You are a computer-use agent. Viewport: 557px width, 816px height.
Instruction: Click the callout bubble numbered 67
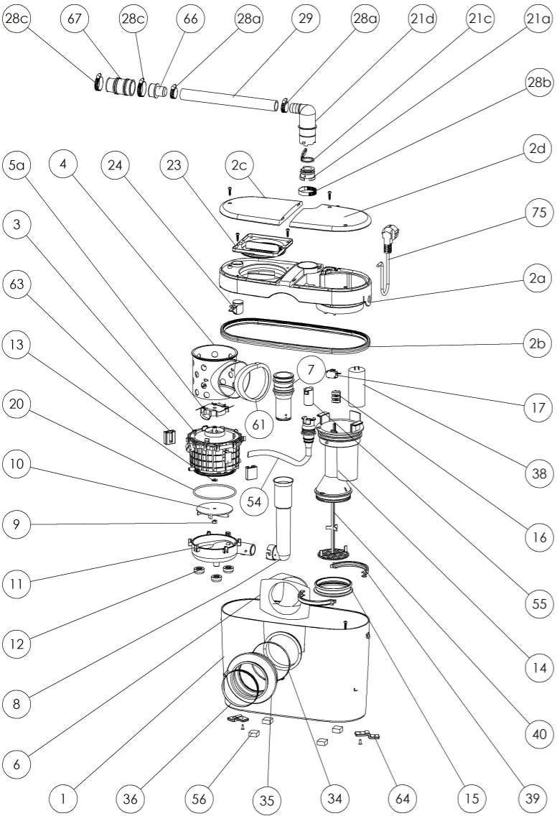coord(75,19)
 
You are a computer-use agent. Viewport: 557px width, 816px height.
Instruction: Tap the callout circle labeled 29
coord(306,18)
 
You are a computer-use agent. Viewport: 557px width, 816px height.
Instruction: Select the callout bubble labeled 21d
coord(421,19)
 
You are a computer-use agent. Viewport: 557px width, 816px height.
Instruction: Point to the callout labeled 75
coord(539,213)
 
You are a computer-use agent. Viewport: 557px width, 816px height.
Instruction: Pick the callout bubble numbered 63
coord(17,284)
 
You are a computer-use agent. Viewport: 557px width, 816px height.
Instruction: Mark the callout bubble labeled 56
coord(200,799)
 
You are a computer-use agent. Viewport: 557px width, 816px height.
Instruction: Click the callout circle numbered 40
coord(539,734)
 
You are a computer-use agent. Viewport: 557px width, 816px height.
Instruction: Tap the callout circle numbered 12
coord(17,644)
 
